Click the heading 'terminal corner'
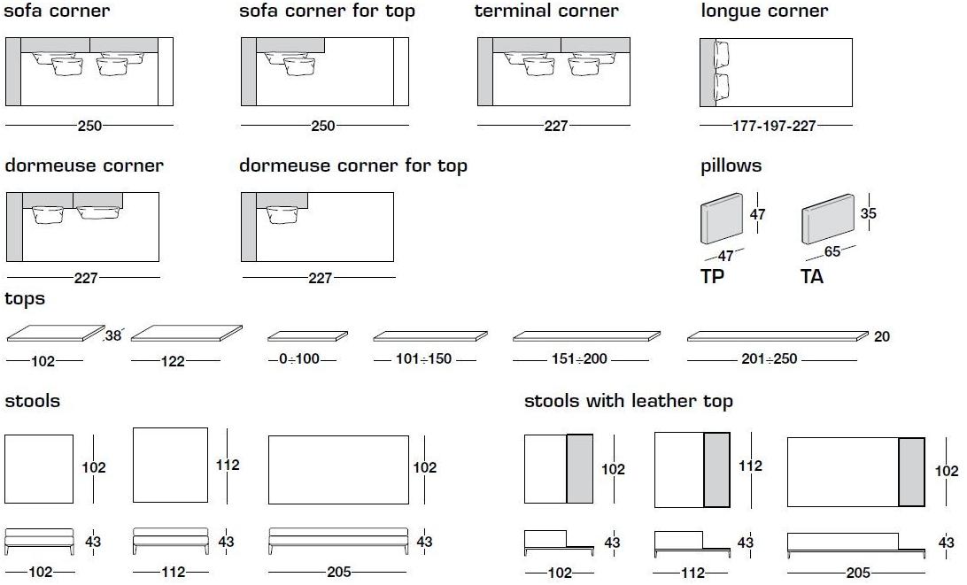pos(545,11)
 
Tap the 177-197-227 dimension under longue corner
pos(774,126)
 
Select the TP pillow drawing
pos(722,219)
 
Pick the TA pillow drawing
pos(828,219)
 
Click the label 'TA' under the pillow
pos(811,276)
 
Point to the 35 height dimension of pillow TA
pos(868,213)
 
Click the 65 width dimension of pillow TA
pos(832,251)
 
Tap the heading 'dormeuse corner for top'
pos(352,165)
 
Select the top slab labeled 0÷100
pos(308,336)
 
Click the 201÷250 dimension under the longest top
pos(769,358)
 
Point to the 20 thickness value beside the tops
pos(882,336)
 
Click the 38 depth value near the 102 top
pos(112,336)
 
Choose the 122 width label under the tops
pos(173,361)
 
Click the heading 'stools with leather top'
pos(629,401)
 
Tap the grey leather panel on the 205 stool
pos(911,473)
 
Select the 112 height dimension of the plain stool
pos(228,465)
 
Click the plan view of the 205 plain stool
pos(338,470)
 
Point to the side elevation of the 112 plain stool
pos(171,541)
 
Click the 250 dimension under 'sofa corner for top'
pos(322,126)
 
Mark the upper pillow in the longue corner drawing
pos(721,54)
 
